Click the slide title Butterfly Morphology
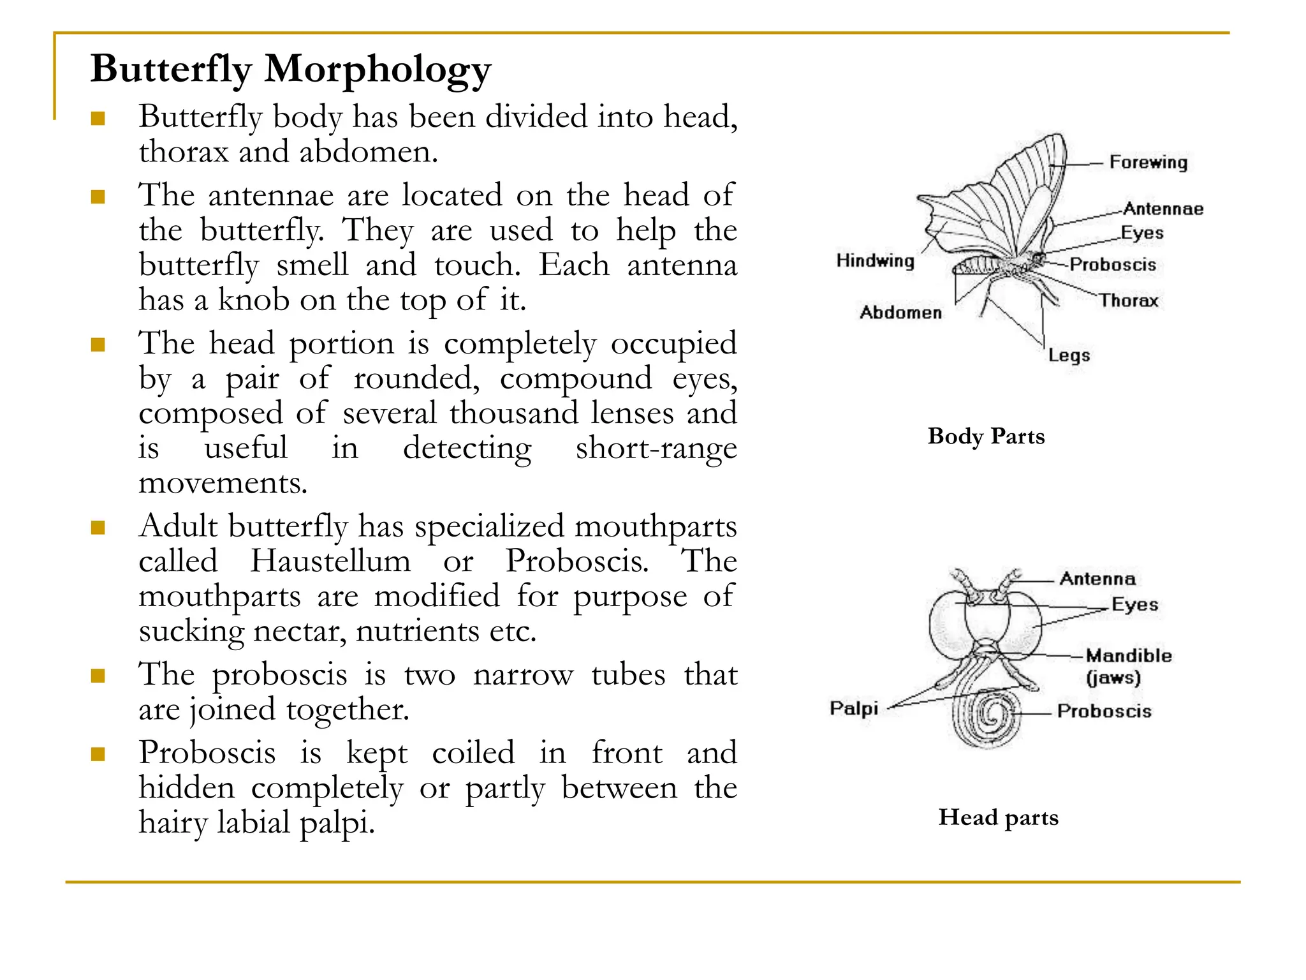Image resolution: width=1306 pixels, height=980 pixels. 291,69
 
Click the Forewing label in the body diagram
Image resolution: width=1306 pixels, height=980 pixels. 1148,162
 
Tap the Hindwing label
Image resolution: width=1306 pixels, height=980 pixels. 875,260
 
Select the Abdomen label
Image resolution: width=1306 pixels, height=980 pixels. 900,312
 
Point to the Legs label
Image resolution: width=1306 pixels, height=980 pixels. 1069,355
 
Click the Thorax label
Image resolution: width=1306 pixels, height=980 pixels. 1128,300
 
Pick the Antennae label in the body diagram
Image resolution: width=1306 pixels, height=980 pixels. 1163,209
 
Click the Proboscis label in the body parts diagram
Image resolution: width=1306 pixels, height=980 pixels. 1113,264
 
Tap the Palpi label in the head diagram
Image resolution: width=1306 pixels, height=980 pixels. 854,708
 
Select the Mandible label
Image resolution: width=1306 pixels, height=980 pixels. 1129,656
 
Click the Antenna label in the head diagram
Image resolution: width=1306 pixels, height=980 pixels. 1097,579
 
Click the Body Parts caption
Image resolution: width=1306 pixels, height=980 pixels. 986,436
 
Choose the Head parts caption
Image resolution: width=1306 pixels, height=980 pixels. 998,817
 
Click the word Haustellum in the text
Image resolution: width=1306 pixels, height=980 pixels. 330,561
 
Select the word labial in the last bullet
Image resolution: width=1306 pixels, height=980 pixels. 253,822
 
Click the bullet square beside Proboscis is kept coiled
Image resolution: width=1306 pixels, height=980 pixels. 98,755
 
